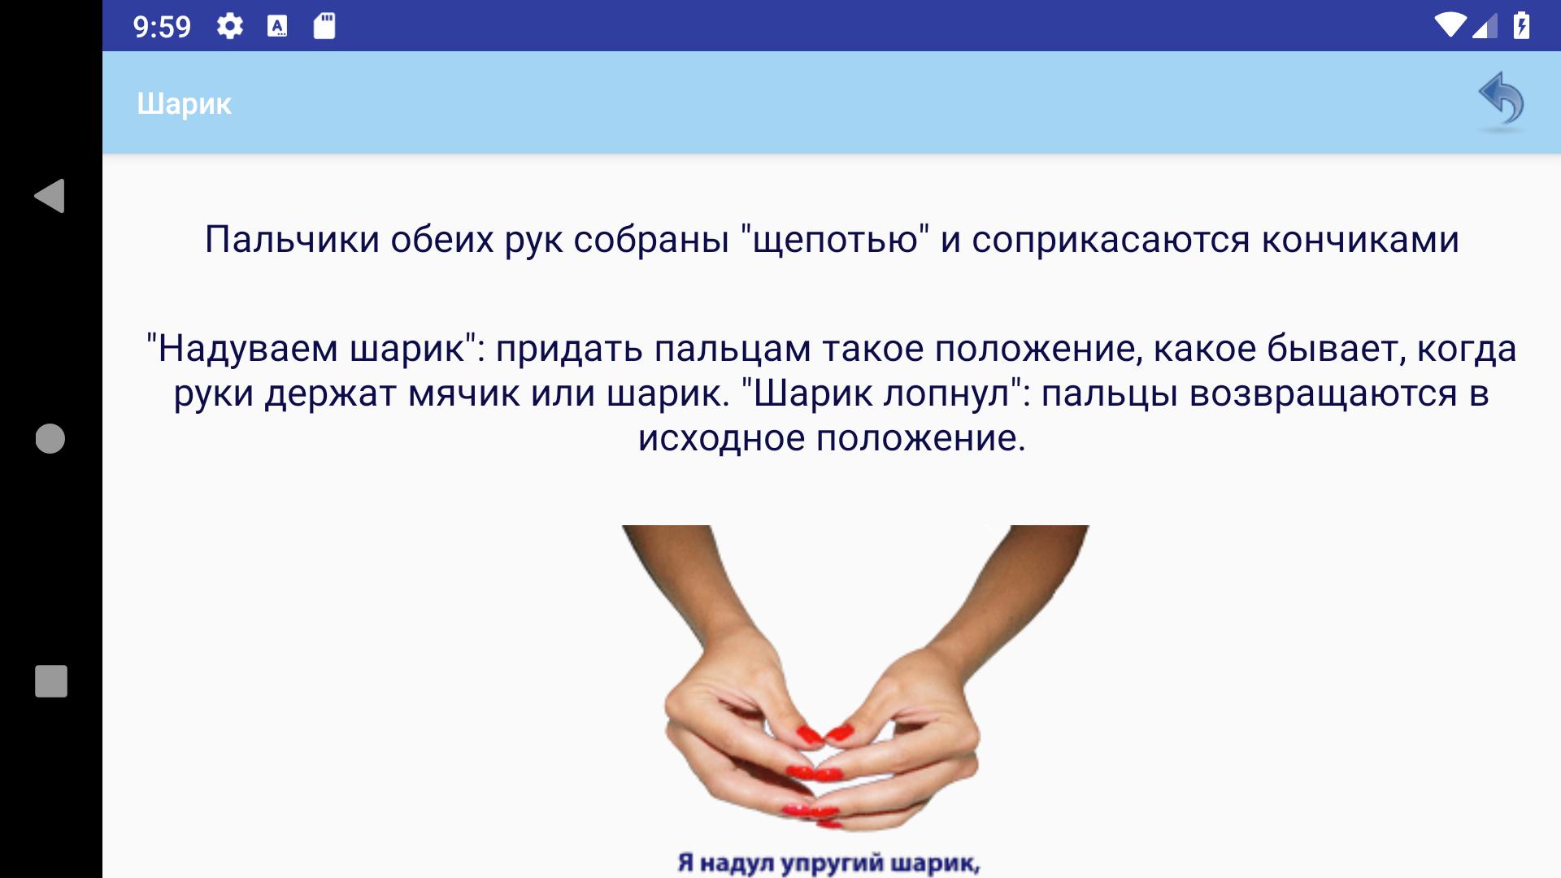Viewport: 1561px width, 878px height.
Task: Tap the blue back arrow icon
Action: click(x=1501, y=102)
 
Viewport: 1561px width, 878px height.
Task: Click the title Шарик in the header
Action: click(x=185, y=104)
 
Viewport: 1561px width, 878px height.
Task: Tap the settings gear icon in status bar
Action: click(x=230, y=27)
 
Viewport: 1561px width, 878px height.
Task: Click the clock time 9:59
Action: click(x=162, y=28)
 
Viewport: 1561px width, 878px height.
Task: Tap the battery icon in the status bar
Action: click(x=1521, y=26)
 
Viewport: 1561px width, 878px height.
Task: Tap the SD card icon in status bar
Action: click(x=324, y=27)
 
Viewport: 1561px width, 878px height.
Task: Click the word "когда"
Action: click(x=1467, y=350)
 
